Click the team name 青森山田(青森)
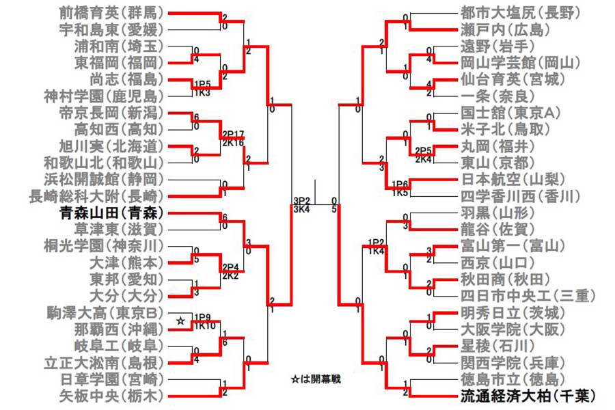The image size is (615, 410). (112, 212)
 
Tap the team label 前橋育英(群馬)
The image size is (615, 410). (112, 12)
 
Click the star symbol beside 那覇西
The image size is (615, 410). (180, 320)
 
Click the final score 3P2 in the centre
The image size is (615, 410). (301, 201)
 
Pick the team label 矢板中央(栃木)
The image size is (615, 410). (112, 395)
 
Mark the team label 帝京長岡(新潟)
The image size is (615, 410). (112, 113)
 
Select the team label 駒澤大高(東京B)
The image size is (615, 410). (112, 312)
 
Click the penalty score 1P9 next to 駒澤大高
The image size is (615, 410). (203, 316)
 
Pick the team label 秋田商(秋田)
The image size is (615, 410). (502, 279)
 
